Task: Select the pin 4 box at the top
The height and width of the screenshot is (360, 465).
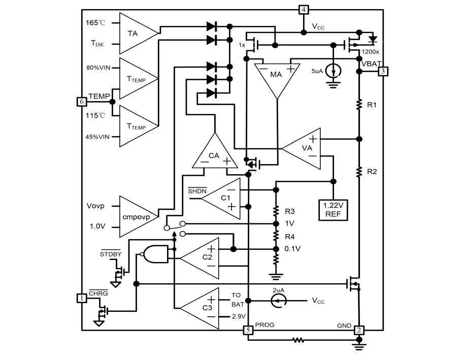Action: pyautogui.click(x=303, y=10)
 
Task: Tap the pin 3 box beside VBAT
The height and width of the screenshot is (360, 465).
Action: pyautogui.click(x=383, y=71)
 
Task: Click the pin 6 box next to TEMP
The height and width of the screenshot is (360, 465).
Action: pyautogui.click(x=81, y=101)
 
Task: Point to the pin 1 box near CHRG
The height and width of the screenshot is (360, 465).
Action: pyautogui.click(x=81, y=298)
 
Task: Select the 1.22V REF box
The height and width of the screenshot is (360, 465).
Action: pyautogui.click(x=333, y=209)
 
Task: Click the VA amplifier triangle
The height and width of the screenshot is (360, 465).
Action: pyautogui.click(x=305, y=148)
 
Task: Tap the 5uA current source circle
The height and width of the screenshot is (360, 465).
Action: pyautogui.click(x=333, y=69)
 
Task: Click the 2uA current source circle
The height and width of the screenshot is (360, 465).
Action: pyautogui.click(x=278, y=301)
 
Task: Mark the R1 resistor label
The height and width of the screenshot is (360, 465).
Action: pyautogui.click(x=371, y=105)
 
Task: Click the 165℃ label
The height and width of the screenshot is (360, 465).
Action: pyautogui.click(x=95, y=24)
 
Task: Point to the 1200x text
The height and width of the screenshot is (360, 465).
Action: pyautogui.click(x=369, y=52)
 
